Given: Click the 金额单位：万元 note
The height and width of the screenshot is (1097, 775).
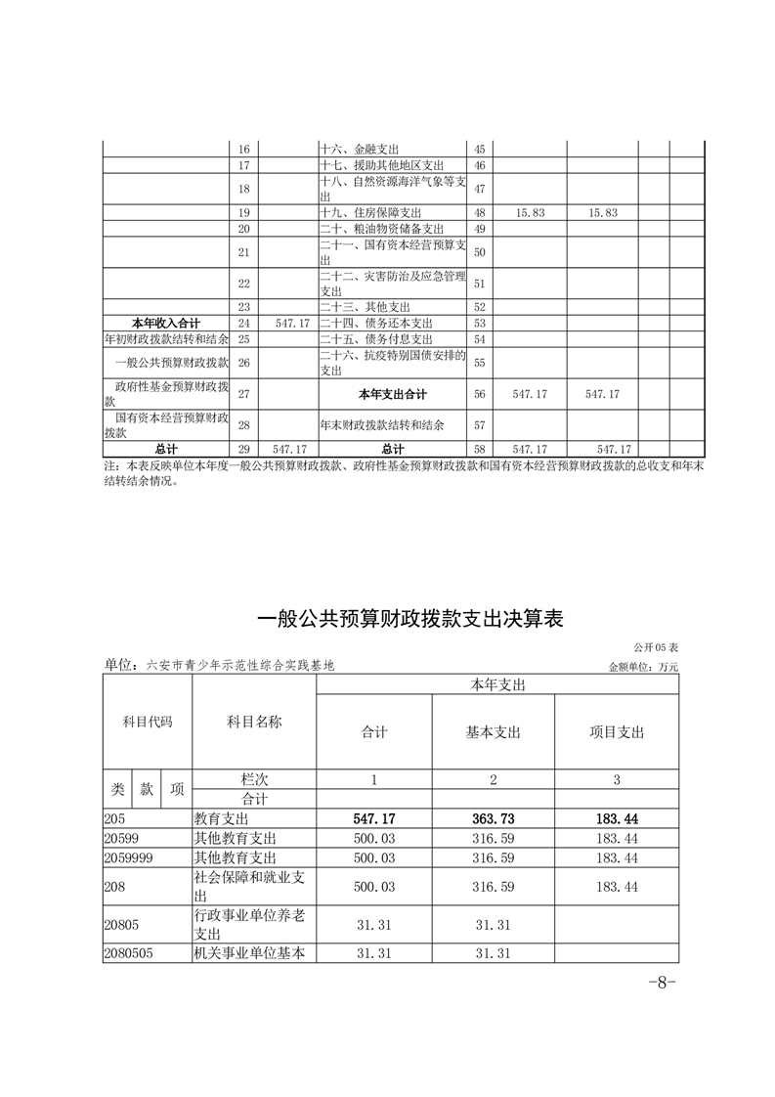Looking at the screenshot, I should point(642,667).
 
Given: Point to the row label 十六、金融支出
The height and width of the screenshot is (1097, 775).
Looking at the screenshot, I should point(360,150).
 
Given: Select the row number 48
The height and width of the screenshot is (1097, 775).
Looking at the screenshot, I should point(479,212).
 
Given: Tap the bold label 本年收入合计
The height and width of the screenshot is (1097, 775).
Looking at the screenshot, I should point(165,323).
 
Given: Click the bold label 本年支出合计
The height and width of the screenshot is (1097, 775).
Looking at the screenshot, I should point(393,394).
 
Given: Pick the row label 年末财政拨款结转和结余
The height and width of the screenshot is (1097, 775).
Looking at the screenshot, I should point(382,425).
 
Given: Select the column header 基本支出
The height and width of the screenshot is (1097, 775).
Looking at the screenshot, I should point(493,732).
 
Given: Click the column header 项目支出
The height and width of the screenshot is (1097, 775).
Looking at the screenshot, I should point(617,732).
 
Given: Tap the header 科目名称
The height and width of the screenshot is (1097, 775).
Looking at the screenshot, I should point(254,722).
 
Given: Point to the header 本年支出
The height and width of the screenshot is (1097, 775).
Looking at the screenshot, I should point(497,686).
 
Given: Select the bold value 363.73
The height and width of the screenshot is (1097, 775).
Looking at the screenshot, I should point(493,818).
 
